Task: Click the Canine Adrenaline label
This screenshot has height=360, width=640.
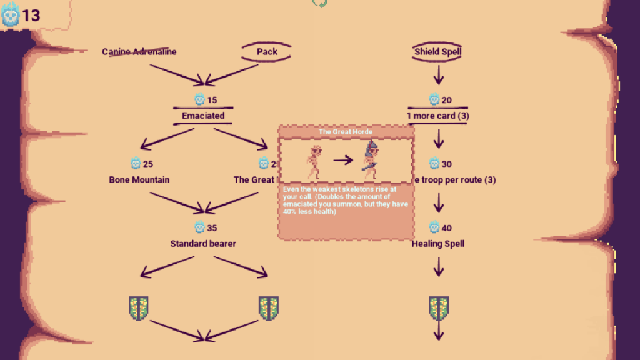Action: [x=139, y=52]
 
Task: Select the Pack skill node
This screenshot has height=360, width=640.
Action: [x=267, y=52]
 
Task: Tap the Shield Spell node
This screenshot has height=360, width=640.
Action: [x=437, y=52]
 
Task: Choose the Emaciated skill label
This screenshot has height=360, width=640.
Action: [x=203, y=116]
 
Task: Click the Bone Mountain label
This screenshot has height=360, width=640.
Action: [x=139, y=180]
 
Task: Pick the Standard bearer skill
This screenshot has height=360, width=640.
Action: [x=203, y=244]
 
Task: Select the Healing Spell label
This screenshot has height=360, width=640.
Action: [x=437, y=244]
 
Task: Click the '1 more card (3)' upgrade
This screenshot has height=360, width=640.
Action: [x=437, y=116]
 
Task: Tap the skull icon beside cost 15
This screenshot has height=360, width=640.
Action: [x=199, y=100]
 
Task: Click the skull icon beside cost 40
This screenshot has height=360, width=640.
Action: [x=434, y=228]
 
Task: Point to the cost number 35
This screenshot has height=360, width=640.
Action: [x=212, y=228]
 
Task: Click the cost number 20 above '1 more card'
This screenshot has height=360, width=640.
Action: [x=447, y=100]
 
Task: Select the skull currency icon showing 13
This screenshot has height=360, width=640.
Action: [x=11, y=15]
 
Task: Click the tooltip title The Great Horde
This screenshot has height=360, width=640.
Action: [x=346, y=132]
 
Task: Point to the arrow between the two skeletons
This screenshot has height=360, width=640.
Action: [x=343, y=160]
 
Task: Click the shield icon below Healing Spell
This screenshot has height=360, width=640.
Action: [x=438, y=307]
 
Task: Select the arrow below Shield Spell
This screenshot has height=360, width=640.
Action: [x=438, y=75]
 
